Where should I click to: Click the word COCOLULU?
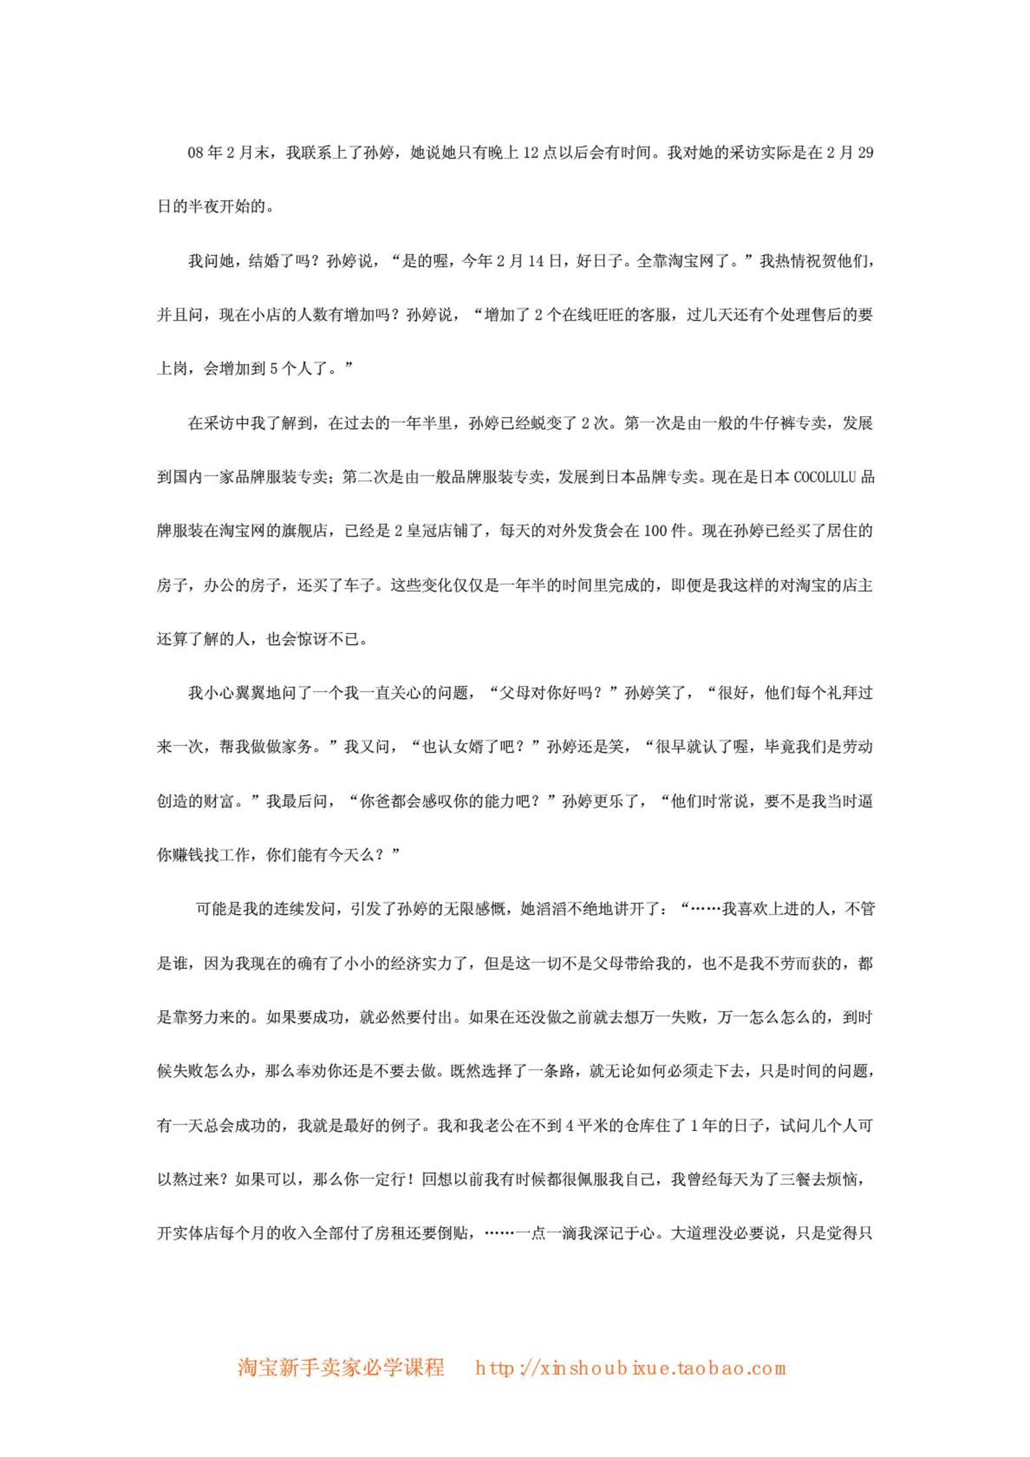[x=824, y=477]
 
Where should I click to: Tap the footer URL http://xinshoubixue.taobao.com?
[x=630, y=1368]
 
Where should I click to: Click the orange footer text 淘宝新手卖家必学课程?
[x=341, y=1367]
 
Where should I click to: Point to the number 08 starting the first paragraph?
[x=196, y=153]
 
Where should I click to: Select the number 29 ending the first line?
[x=865, y=153]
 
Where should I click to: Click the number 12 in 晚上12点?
[x=531, y=153]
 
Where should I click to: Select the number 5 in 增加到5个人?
[x=274, y=369]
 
